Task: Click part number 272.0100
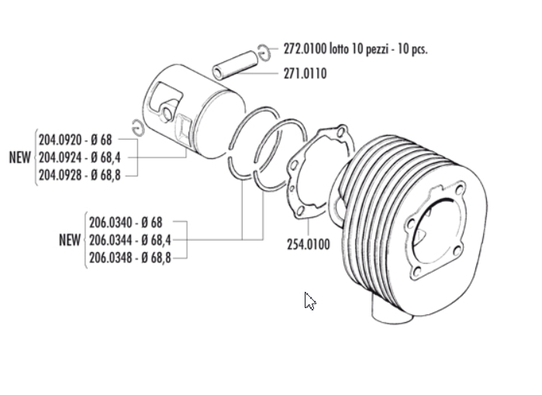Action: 305,49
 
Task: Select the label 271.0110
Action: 305,74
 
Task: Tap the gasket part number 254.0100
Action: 309,244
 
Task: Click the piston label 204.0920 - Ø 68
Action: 75,140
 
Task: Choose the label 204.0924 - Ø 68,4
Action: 80,158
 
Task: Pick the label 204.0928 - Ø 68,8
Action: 80,175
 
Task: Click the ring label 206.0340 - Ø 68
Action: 126,223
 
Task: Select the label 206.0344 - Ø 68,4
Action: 130,240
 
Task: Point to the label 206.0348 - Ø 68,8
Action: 130,258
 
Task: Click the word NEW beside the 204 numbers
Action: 19,158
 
